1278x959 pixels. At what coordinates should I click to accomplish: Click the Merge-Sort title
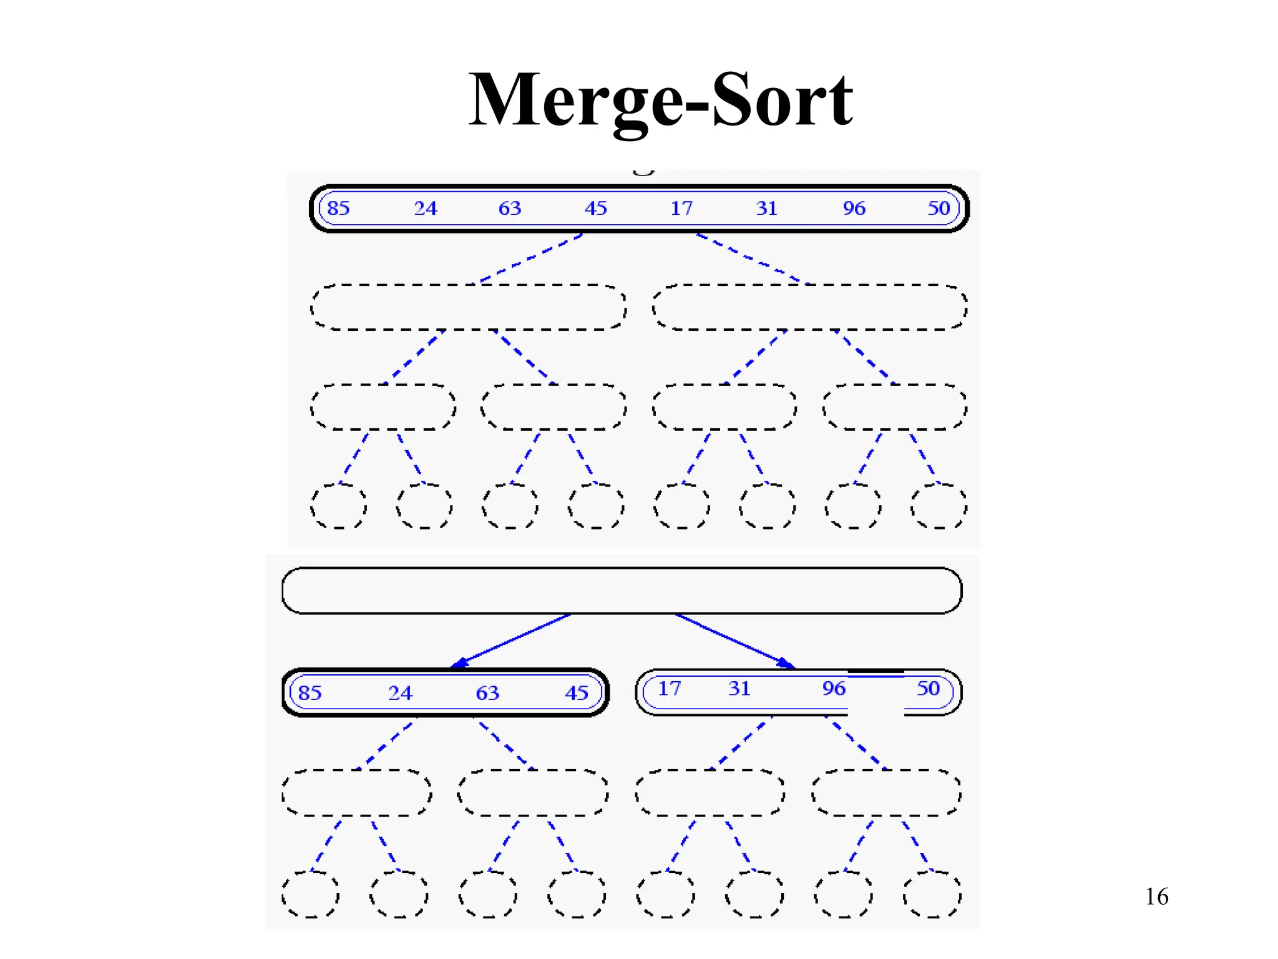(660, 100)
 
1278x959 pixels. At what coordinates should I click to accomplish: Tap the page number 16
(1156, 897)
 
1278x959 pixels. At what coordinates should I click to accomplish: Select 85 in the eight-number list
(338, 208)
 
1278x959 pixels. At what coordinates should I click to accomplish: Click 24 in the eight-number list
(426, 208)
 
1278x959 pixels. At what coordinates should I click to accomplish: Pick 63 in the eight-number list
(510, 208)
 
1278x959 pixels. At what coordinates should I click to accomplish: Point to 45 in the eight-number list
(596, 208)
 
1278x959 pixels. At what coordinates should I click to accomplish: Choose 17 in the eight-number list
(681, 208)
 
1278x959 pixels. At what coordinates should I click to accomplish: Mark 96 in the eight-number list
(854, 208)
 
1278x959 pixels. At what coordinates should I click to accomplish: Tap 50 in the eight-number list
(939, 208)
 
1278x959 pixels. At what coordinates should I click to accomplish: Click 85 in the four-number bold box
(310, 693)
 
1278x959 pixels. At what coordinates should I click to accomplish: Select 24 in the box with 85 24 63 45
(400, 693)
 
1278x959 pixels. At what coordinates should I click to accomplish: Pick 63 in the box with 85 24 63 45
(487, 693)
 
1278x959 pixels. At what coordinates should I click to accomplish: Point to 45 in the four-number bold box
(577, 693)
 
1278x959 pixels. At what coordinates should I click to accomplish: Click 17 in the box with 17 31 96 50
(670, 689)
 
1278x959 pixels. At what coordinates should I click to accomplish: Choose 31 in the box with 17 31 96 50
(739, 689)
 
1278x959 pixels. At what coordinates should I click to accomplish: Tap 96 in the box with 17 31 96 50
(834, 689)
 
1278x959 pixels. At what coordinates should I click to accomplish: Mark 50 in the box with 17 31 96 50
(928, 689)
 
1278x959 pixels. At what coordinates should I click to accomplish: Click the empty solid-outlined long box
(622, 591)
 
